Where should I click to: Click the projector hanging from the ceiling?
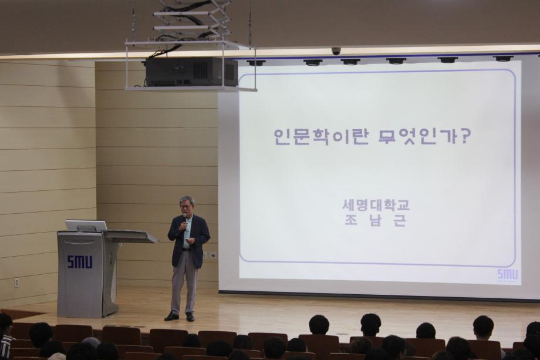tap(191, 72)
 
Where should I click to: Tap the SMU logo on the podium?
tap(79, 261)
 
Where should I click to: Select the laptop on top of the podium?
tap(86, 226)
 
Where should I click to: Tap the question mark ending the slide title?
tap(464, 136)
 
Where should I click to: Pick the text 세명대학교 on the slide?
tap(376, 205)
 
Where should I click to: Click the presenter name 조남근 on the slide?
tap(376, 221)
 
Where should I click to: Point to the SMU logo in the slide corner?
tap(507, 274)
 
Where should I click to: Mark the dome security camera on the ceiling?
tap(336, 51)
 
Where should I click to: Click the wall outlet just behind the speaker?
tap(212, 255)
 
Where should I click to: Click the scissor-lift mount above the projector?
tap(191, 21)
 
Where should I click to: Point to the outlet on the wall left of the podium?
tap(16, 282)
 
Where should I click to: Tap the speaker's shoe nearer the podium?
tap(171, 316)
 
